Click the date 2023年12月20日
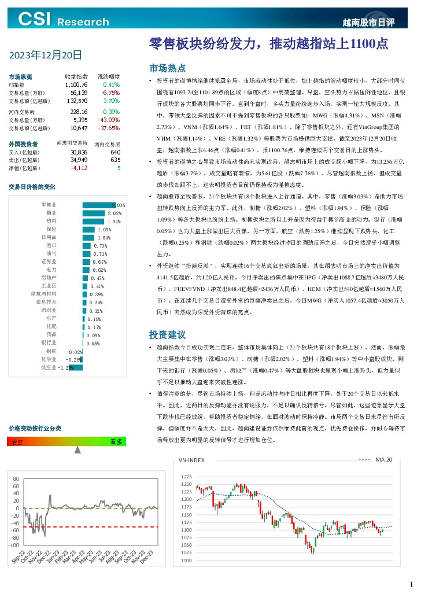click(45, 56)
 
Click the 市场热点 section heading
click(167, 67)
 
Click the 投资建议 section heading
click(167, 334)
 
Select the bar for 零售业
click(104, 205)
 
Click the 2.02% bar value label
click(115, 213)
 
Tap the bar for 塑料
click(94, 221)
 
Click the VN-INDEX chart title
click(191, 460)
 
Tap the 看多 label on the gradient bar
click(116, 441)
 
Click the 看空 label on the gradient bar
click(17, 441)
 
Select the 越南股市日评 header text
click(368, 23)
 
